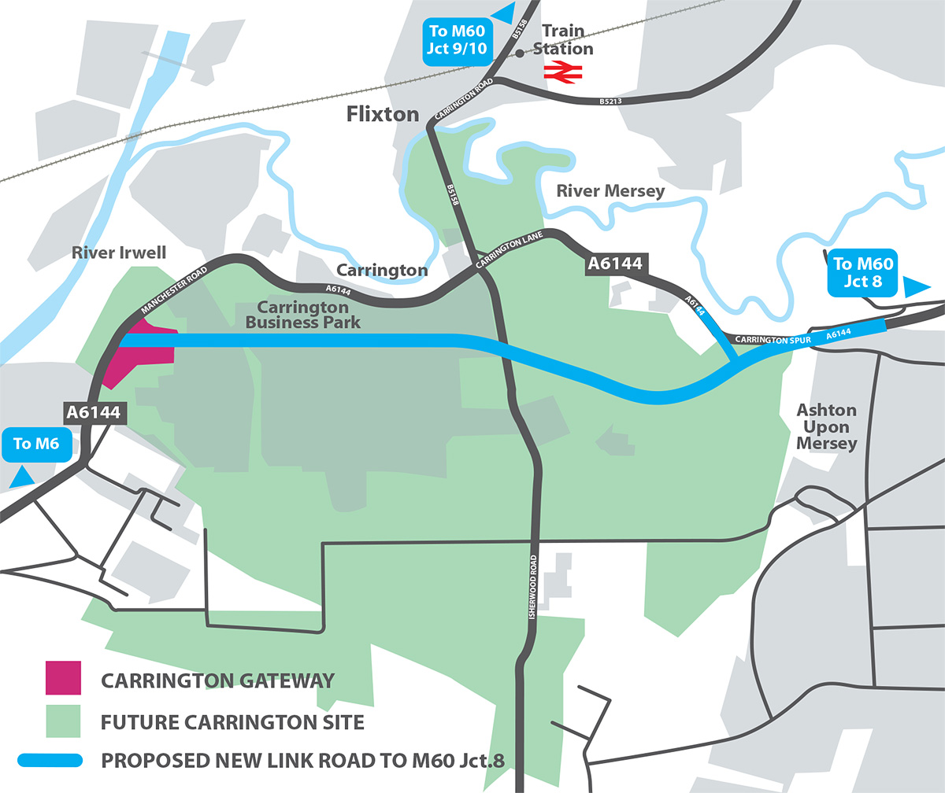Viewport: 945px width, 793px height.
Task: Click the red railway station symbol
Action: (562, 72)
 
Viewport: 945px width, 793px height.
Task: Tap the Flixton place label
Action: (383, 115)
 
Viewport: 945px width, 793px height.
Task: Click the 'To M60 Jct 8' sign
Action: (863, 272)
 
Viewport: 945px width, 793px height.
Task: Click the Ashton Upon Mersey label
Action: (826, 426)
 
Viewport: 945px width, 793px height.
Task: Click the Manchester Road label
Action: (175, 286)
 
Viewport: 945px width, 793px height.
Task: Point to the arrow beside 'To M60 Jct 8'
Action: (917, 286)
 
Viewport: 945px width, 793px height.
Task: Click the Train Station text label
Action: (563, 40)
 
